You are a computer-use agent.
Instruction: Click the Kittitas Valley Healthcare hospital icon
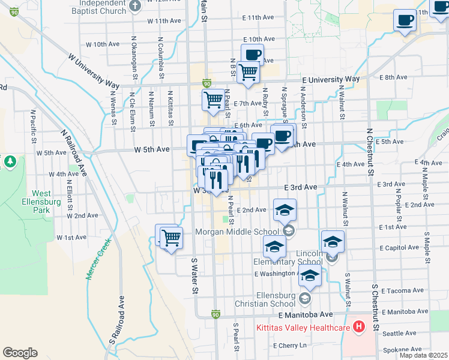(x=359, y=327)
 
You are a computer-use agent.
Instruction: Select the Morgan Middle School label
(x=237, y=232)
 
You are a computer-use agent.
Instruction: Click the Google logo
(x=20, y=353)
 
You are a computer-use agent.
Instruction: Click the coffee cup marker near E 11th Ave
(x=405, y=21)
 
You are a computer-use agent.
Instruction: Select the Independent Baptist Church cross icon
(x=135, y=6)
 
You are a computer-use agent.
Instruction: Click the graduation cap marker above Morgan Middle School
(x=285, y=211)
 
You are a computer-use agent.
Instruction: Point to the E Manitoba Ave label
(x=305, y=314)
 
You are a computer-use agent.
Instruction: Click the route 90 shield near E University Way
(x=206, y=83)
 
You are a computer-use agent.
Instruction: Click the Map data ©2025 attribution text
(x=423, y=355)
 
